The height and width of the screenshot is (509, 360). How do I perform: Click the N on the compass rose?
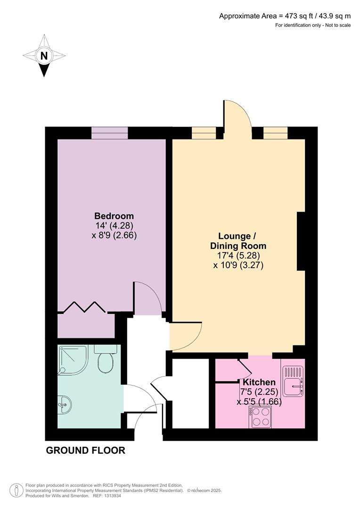[x=44, y=56]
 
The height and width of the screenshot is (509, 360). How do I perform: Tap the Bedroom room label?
[x=114, y=216]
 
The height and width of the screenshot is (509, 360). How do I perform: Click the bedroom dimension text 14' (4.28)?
[x=114, y=226]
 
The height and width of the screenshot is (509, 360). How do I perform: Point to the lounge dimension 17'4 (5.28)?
[x=237, y=255]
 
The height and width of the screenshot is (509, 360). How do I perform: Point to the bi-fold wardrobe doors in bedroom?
[x=84, y=307]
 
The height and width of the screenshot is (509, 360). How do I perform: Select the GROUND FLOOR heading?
[x=85, y=451]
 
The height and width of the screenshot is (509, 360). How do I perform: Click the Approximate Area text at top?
[x=285, y=16]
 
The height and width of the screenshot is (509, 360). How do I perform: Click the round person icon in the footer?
[x=16, y=491]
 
